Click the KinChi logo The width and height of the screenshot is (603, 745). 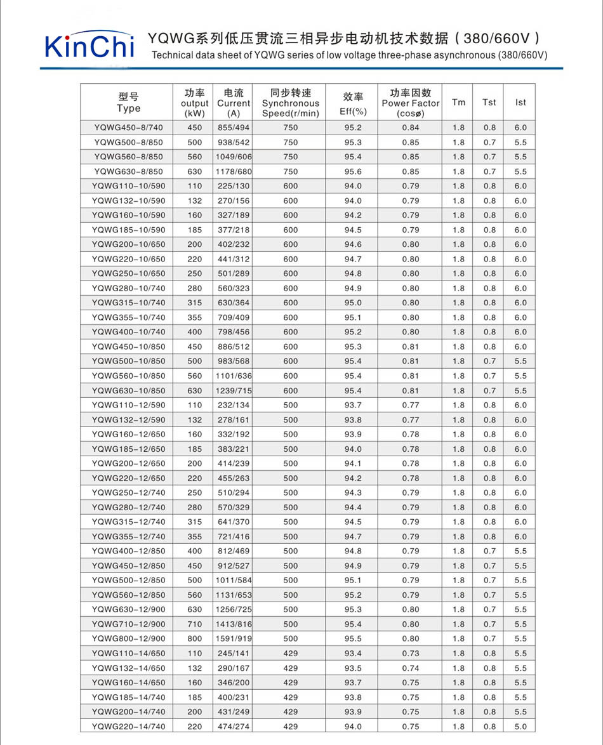89,46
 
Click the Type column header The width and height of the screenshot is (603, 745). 128,102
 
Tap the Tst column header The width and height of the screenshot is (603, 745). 489,102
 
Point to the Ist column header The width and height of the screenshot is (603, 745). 520,102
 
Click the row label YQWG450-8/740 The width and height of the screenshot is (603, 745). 128,128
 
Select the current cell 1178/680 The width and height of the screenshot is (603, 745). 234,171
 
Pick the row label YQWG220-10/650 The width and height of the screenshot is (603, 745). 128,259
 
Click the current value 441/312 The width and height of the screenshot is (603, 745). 234,259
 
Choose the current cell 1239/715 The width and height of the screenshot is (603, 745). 234,391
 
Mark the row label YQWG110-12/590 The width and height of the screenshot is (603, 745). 128,405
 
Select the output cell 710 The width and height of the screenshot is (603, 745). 195,624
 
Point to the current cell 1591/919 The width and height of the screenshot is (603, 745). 234,638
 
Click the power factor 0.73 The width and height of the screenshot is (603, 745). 411,653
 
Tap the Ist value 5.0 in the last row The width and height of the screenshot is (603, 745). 520,727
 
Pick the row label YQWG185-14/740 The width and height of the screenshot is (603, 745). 128,697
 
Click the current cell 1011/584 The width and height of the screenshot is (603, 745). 234,580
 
